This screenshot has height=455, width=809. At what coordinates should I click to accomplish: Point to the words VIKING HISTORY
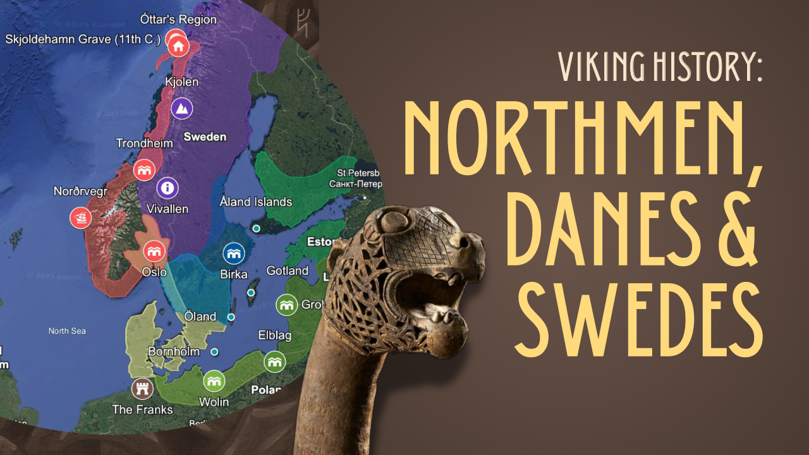point(660,66)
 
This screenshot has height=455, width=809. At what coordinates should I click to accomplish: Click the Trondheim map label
point(144,143)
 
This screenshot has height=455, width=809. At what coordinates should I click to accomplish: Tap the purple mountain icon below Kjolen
point(182,108)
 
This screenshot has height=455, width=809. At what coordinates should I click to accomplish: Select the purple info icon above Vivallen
point(168,188)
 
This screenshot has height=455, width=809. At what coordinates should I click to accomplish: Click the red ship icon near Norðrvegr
point(81,218)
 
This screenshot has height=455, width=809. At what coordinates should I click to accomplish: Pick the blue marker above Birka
point(233,253)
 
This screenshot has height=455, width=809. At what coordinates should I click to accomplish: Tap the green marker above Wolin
point(214,381)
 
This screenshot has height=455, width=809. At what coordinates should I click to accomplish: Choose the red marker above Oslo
point(154,251)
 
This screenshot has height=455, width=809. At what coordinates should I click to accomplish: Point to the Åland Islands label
point(255,202)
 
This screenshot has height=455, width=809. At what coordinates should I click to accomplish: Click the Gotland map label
point(288,270)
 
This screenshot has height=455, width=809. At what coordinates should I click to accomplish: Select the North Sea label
point(67,331)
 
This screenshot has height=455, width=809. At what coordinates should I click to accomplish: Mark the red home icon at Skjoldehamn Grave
point(178,45)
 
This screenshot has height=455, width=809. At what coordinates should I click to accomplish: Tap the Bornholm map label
point(174,351)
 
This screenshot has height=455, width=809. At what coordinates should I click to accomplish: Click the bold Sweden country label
point(205,136)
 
